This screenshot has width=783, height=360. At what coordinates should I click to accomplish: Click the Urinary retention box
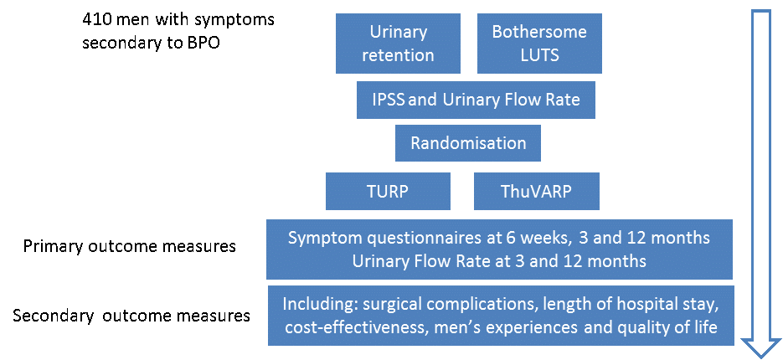pos(398,44)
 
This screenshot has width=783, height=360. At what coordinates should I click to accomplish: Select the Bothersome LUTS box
pos(540,44)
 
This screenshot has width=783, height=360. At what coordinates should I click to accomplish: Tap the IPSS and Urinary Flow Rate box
pos(476,100)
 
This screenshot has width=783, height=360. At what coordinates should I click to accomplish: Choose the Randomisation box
pos(468,143)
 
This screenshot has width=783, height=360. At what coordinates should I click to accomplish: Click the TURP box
pos(388,191)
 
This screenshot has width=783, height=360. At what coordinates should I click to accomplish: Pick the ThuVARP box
pos(537,191)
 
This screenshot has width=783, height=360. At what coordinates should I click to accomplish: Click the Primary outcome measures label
pos(130,247)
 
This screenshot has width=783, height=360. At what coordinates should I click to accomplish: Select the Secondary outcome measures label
pos(131,316)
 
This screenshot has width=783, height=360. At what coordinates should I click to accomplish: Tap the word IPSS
pos(389,100)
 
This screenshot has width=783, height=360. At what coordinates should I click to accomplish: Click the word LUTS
pos(539,54)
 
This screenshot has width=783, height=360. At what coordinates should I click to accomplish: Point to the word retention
pos(398,54)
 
